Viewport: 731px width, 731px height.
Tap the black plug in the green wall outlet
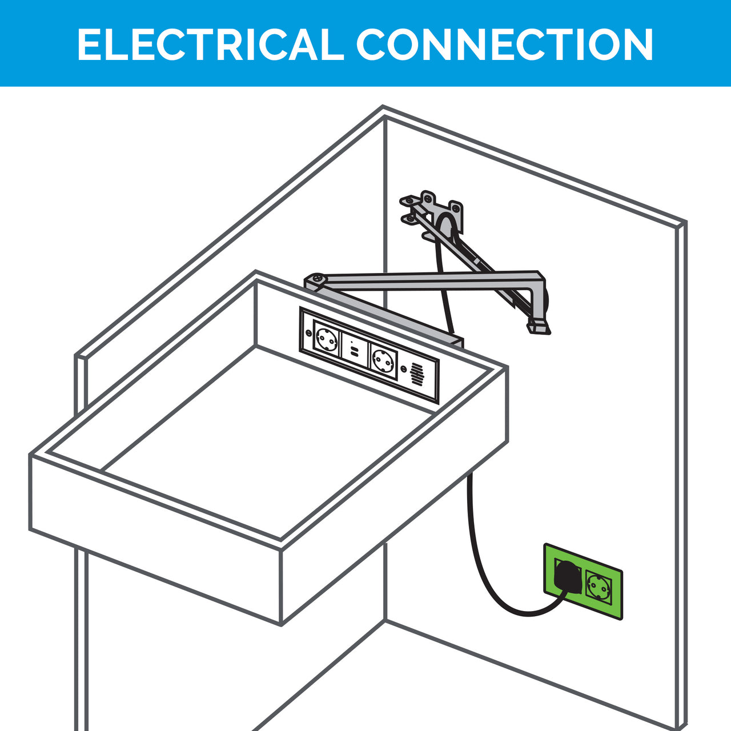pyautogui.click(x=568, y=579)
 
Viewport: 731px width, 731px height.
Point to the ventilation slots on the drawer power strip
pyautogui.click(x=417, y=375)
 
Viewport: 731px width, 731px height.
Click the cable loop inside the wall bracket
pyautogui.click(x=445, y=228)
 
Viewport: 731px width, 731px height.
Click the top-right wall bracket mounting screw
pyautogui.click(x=456, y=207)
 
